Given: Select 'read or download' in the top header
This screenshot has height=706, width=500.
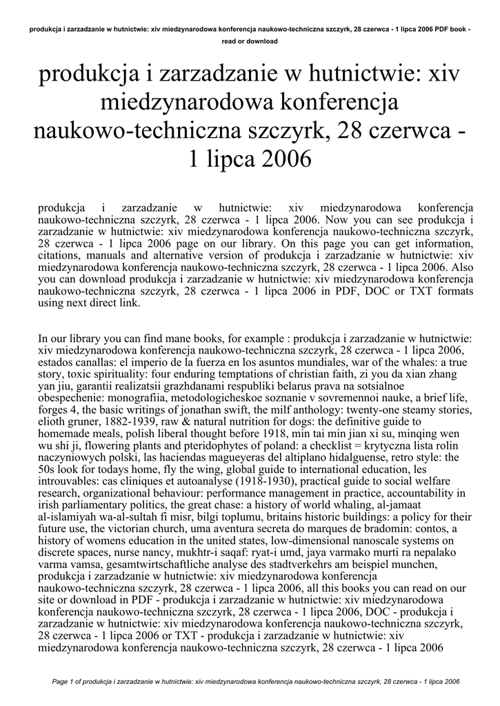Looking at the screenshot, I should [x=250, y=41].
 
